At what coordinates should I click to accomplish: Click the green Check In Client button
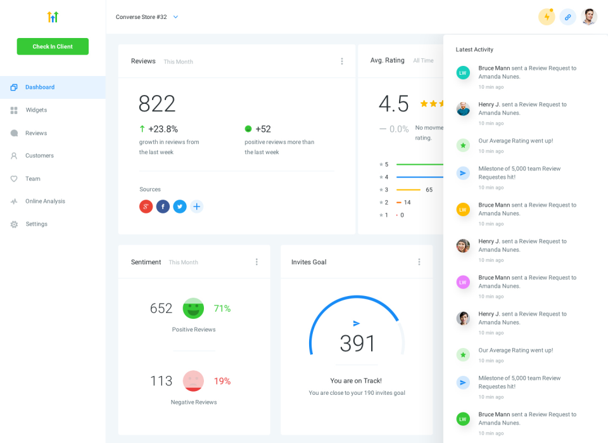[53, 46]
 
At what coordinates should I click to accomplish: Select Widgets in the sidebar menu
[36, 110]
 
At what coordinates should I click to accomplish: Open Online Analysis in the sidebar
[44, 202]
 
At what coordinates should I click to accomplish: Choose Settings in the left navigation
[36, 224]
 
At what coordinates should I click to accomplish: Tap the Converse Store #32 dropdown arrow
[175, 17]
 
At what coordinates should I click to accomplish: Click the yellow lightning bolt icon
[547, 17]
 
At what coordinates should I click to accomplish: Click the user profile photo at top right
[589, 17]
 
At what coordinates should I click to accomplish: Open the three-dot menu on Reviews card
[342, 61]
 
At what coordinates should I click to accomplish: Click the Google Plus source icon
[146, 207]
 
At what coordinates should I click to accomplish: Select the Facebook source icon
[163, 207]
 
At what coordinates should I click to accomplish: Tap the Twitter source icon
[180, 207]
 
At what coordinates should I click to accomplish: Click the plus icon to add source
[196, 207]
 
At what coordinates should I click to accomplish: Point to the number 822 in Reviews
[157, 104]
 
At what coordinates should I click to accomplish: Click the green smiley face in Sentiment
[193, 309]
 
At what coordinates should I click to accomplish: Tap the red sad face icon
[193, 381]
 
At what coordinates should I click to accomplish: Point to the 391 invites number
[358, 343]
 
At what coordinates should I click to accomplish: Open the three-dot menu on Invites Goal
[419, 262]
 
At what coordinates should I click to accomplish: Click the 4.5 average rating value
[393, 104]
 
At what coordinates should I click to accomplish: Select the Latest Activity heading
[474, 49]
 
